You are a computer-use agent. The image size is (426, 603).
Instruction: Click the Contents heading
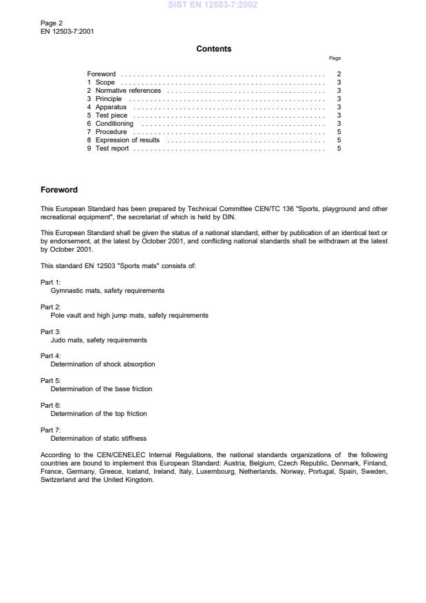tap(213, 49)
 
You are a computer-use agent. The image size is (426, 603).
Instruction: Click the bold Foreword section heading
tap(59, 190)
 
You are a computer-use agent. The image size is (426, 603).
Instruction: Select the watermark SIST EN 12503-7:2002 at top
tap(213, 5)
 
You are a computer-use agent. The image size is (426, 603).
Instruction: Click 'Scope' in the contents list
tap(105, 82)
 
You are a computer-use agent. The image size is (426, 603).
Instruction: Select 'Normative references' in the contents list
tap(128, 90)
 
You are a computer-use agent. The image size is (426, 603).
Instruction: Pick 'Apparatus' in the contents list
tap(111, 107)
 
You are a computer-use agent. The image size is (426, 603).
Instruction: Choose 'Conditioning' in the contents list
tap(114, 123)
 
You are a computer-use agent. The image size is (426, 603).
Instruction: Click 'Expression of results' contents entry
tap(127, 140)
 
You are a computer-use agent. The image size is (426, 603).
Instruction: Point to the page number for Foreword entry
tap(339, 74)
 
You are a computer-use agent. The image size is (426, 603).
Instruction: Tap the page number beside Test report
tap(339, 148)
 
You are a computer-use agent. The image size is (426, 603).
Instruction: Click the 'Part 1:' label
tap(51, 283)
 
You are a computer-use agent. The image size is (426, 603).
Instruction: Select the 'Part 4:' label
tap(51, 356)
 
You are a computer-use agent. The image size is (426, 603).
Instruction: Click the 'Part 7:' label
tap(51, 430)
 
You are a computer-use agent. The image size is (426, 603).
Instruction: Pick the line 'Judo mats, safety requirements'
tap(98, 340)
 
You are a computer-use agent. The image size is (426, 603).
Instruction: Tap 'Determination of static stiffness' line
tap(98, 438)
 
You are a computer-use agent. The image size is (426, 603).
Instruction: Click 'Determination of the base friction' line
tap(101, 388)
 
